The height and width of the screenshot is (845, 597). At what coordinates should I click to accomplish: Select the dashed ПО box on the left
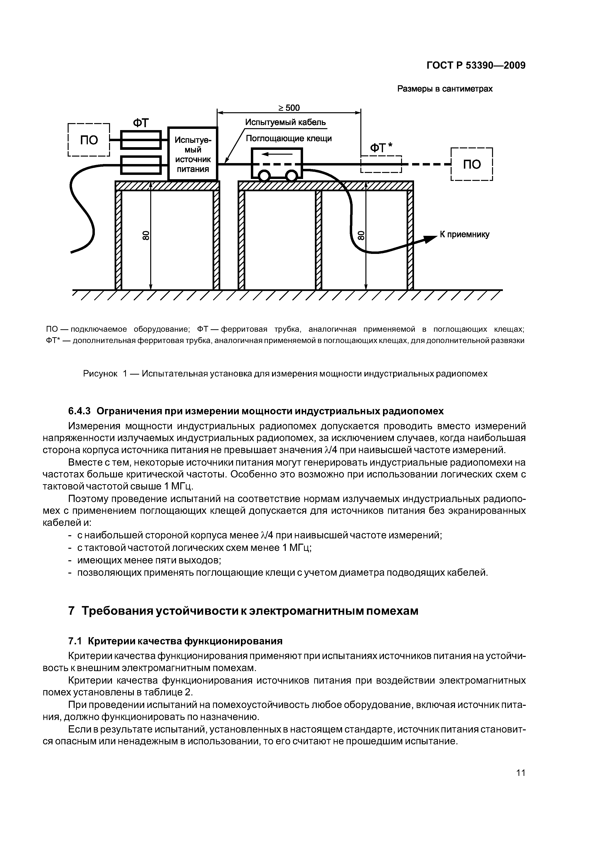point(89,140)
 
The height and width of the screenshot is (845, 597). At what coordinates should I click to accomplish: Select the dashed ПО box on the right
point(472,164)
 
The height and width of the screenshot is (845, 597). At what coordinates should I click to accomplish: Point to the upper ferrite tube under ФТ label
point(141,140)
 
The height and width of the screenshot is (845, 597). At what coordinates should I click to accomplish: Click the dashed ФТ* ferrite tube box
point(381,164)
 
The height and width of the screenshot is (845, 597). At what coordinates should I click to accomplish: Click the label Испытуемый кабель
point(286,122)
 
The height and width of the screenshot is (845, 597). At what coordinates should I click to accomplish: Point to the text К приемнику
point(465,234)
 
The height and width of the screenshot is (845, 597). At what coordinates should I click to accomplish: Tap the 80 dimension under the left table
point(146,236)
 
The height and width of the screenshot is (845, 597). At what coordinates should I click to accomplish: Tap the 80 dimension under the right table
point(361,236)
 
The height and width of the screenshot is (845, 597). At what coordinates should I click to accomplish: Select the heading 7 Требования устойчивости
point(243,611)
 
